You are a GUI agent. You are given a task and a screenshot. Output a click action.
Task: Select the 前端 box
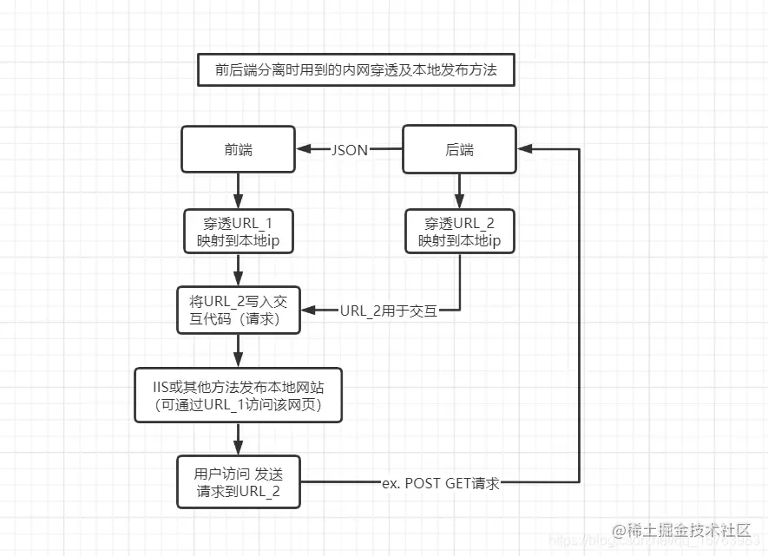(239, 149)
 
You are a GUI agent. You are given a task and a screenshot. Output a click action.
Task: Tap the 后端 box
(459, 149)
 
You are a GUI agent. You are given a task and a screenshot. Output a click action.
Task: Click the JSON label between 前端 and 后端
(349, 149)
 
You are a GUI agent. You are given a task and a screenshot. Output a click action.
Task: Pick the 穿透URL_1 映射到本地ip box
(239, 232)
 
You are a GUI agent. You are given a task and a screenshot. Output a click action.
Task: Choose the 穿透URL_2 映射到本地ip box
(459, 232)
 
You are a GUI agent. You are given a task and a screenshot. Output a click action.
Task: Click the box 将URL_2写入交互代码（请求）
(239, 310)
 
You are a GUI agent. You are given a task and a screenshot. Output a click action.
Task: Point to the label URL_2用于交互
(389, 310)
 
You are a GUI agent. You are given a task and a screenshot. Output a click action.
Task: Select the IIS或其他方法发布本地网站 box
(239, 395)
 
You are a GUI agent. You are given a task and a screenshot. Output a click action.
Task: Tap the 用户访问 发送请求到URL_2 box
(239, 481)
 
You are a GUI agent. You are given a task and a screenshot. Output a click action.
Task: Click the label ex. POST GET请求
(441, 483)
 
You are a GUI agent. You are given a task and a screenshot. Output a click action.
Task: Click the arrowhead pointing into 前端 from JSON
(303, 149)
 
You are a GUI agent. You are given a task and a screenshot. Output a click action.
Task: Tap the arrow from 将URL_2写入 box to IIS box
(239, 350)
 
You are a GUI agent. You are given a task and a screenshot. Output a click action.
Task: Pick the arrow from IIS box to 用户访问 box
(239, 438)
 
